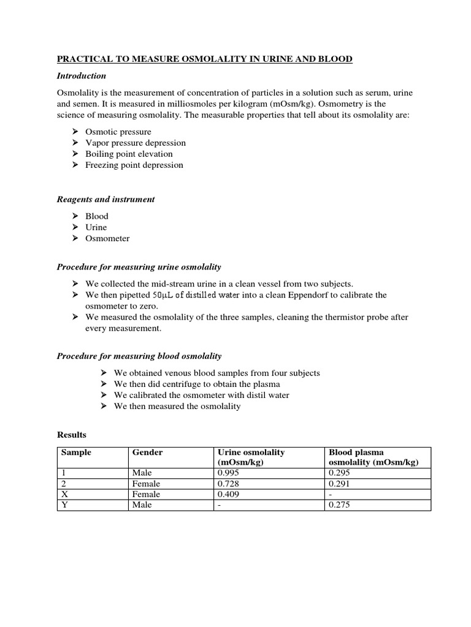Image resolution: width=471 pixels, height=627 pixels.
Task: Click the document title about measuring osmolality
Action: (x=205, y=59)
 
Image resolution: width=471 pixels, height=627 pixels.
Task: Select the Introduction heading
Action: (x=82, y=76)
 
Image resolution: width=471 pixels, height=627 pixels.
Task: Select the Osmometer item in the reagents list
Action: (x=107, y=238)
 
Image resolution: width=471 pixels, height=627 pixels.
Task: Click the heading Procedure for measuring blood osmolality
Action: (x=139, y=356)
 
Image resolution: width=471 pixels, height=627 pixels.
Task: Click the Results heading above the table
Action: (x=72, y=435)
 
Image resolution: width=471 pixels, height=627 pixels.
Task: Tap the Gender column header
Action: (x=148, y=452)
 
